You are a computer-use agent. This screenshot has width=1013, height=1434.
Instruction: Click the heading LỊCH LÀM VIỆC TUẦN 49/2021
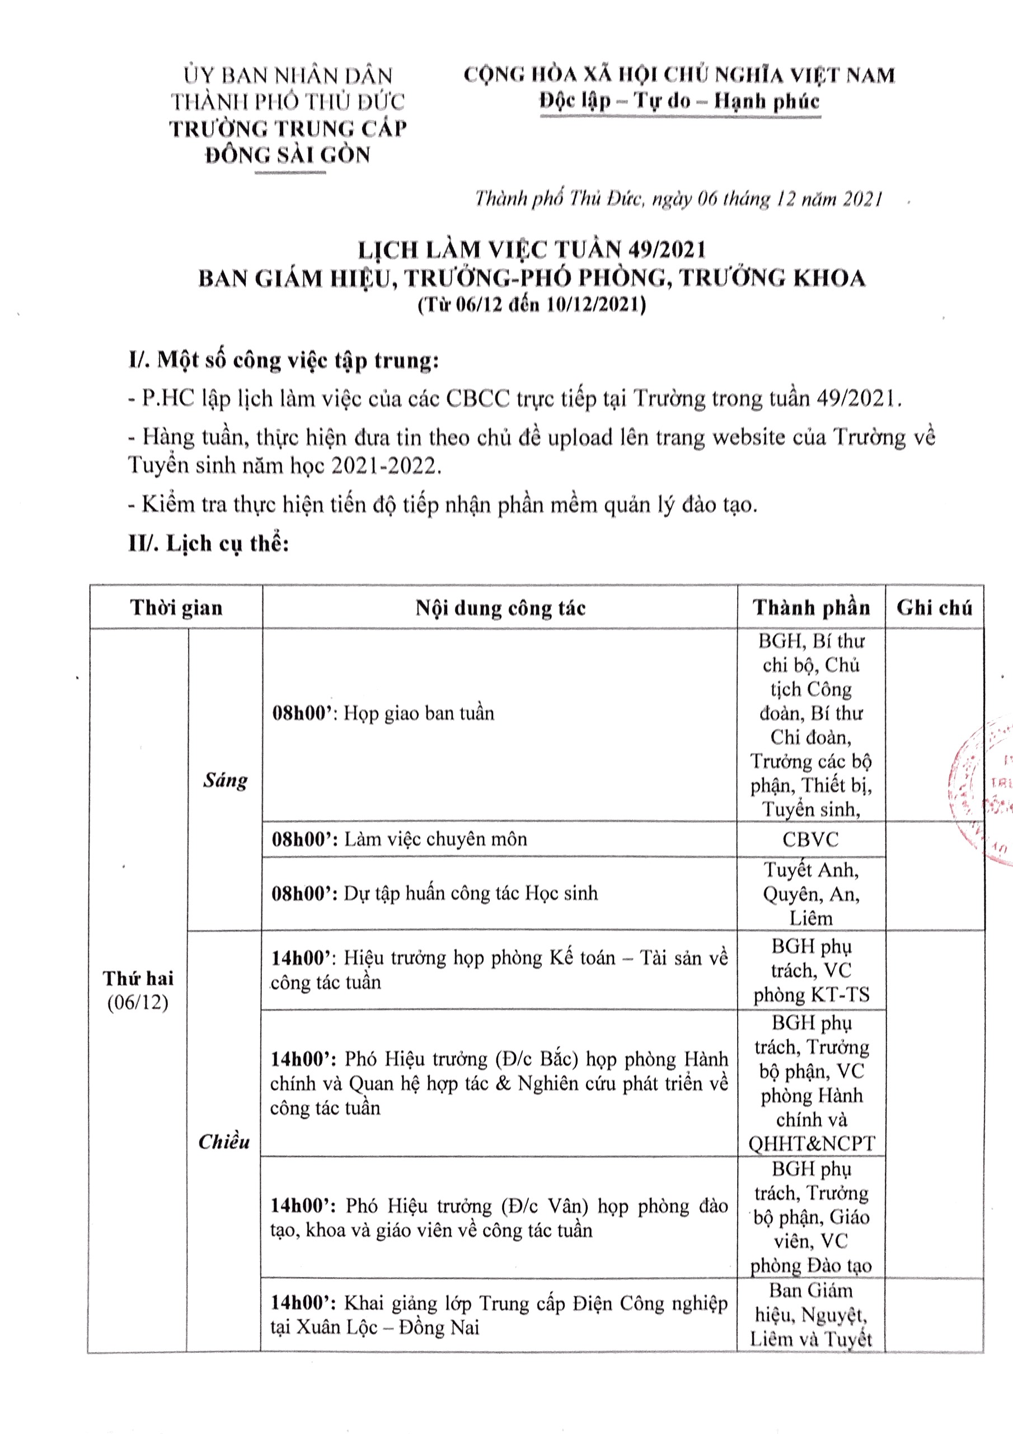coord(531,250)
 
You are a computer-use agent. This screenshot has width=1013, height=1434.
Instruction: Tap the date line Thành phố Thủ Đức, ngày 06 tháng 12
coord(678,199)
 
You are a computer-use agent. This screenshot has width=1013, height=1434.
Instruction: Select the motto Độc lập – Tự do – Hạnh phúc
coord(679,101)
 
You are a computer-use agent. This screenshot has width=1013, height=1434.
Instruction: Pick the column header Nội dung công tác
coord(500,608)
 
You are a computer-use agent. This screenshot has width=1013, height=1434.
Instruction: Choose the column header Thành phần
coord(811,608)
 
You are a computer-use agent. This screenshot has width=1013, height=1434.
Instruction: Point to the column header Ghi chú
coord(934,608)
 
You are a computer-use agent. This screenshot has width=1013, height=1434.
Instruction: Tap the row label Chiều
coord(223,1142)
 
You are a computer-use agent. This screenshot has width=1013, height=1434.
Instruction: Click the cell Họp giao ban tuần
coord(418,713)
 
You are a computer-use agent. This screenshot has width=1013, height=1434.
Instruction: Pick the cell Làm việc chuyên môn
coord(435,839)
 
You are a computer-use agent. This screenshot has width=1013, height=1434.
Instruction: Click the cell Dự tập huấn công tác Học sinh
coord(470,893)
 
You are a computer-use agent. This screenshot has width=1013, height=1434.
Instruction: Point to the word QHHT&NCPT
coord(812,1144)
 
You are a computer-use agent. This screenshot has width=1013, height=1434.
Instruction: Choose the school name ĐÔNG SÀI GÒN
coord(288,154)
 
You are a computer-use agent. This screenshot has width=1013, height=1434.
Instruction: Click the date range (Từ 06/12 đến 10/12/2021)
coord(531,305)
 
